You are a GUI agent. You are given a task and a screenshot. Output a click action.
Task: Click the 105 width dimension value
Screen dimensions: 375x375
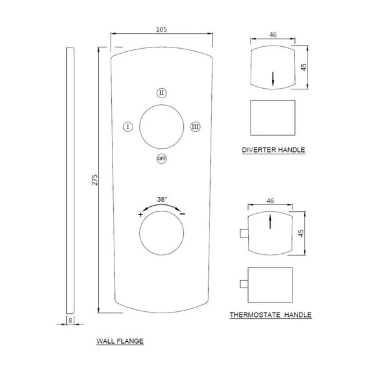coord(161,29)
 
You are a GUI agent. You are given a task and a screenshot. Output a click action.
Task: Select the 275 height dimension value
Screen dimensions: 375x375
coord(95,179)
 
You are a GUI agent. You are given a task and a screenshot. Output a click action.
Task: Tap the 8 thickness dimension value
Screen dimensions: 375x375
coord(70,321)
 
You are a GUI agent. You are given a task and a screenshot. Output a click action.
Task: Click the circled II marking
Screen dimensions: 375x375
coord(162,92)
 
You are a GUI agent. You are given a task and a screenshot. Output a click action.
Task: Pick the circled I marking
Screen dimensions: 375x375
coord(128,127)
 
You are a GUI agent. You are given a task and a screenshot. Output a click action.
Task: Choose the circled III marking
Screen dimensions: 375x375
coord(196,127)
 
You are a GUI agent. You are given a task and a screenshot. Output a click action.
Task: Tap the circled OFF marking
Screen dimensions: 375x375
coord(162,158)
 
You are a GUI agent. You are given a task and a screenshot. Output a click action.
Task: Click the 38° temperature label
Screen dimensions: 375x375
coord(162,199)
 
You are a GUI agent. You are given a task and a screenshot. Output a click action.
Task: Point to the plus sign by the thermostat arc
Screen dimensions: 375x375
coord(141,214)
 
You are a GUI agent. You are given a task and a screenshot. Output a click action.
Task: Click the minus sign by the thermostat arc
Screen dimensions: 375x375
coord(182,214)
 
